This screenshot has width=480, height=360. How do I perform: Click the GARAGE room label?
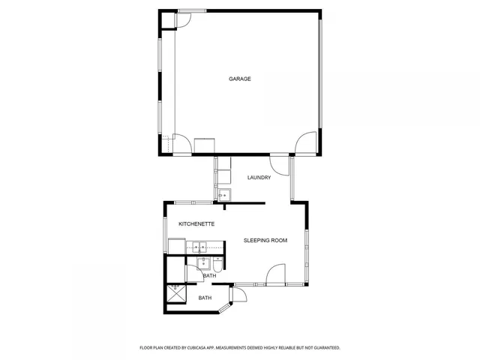click(240, 79)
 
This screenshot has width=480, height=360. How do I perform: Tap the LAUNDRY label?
click(259, 178)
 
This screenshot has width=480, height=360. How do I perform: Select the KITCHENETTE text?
click(196, 224)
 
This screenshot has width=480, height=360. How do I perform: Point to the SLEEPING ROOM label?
click(265, 241)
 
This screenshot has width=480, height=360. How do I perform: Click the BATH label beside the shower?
click(205, 298)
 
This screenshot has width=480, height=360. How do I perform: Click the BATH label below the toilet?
click(209, 276)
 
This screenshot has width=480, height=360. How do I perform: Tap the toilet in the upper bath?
click(217, 265)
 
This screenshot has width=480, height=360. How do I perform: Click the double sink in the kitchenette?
click(202, 245)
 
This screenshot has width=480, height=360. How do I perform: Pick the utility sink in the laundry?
click(223, 195)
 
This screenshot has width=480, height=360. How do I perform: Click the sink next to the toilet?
click(203, 263)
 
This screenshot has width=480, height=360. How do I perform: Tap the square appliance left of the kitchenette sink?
click(176, 246)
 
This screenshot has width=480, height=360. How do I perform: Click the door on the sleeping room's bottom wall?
click(276, 274)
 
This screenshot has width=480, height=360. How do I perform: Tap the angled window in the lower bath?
click(224, 307)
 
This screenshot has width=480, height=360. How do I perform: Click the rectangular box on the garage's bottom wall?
click(204, 145)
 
